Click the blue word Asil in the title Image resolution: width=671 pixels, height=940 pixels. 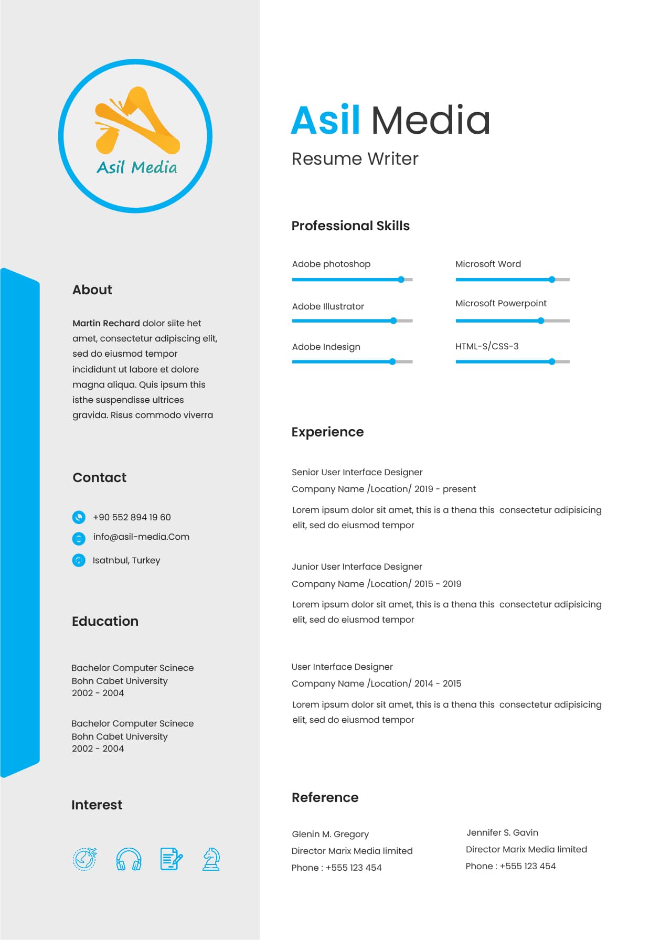pos(325,120)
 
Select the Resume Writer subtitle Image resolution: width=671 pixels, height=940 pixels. pos(355,158)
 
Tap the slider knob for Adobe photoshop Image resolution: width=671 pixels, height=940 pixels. pos(401,280)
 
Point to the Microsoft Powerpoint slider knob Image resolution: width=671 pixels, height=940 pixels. pos(541,321)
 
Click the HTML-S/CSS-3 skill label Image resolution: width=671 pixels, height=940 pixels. pos(487,346)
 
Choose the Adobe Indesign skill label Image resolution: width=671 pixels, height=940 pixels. pos(326,347)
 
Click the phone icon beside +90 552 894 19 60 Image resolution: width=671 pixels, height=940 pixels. pos(79,517)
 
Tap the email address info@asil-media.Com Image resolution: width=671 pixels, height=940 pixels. pos(141,537)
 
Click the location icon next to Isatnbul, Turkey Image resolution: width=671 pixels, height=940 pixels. pos(79,560)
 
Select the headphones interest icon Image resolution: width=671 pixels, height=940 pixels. pos(129,859)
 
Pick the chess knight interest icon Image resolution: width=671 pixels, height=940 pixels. pos(211,859)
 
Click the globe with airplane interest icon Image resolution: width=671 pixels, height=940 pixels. pos(85,859)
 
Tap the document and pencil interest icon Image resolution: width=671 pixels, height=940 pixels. pos(171,859)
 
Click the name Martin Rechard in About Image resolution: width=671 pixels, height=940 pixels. pos(106,323)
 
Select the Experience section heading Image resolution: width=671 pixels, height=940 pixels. pos(327,432)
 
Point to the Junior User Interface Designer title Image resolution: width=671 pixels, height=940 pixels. pos(357,567)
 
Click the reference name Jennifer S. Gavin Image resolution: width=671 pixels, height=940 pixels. pos(502,832)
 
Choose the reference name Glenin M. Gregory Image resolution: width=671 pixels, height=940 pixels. pos(330,834)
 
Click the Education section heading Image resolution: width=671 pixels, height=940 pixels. pos(105,621)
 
